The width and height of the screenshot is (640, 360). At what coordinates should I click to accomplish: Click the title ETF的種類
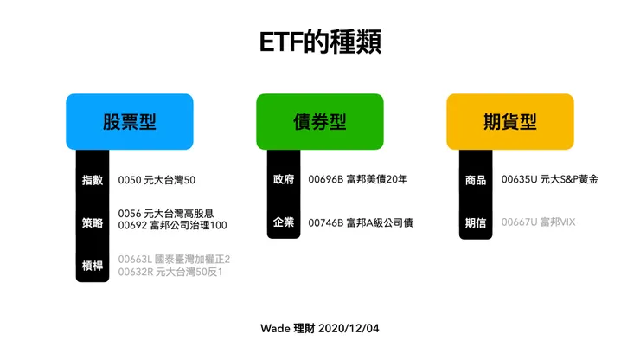pos(320,42)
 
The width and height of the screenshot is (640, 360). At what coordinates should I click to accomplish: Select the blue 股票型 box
pos(130,121)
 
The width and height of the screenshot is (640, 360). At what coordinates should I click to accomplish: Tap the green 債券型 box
pos(320,121)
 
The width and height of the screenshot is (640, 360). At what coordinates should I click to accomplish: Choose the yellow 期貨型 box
pos(510,121)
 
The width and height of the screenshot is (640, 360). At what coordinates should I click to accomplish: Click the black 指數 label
pos(93,180)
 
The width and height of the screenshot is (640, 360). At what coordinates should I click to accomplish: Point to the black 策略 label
pos(93,222)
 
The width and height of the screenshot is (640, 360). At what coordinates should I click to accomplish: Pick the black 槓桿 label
pos(93,265)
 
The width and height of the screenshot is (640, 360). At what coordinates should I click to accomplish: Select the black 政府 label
pos(283,180)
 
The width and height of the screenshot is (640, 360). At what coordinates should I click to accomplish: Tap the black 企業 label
pos(283,222)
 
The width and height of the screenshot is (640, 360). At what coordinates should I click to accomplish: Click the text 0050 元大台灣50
pos(157,180)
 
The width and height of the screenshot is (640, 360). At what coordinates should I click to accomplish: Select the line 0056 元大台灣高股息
pos(166,213)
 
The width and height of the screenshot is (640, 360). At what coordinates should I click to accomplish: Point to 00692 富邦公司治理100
pos(172,225)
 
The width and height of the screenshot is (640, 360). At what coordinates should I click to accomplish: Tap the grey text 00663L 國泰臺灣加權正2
pos(174,258)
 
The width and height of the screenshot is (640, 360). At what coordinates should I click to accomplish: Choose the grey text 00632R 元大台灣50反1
pos(170,272)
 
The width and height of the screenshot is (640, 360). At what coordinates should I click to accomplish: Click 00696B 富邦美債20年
pos(357,180)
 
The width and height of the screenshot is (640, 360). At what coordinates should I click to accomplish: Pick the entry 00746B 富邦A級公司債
pos(360,222)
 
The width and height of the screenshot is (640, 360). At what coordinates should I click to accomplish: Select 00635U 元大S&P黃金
pos(549,180)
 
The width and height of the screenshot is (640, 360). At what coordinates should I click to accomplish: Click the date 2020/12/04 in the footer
pos(349,329)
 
